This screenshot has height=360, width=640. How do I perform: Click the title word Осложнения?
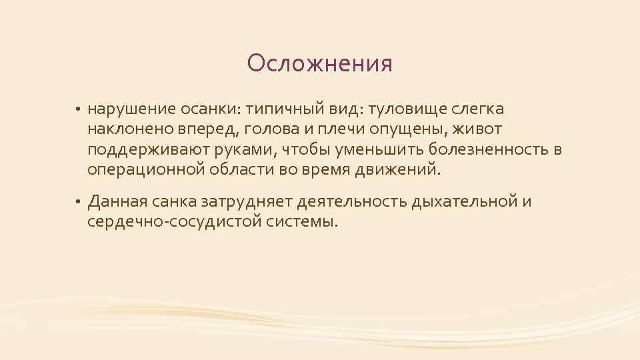[319, 64]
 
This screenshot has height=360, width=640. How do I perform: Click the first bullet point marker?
[78, 109]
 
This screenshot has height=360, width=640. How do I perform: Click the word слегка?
[479, 108]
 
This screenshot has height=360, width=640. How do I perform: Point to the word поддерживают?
[142, 149]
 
